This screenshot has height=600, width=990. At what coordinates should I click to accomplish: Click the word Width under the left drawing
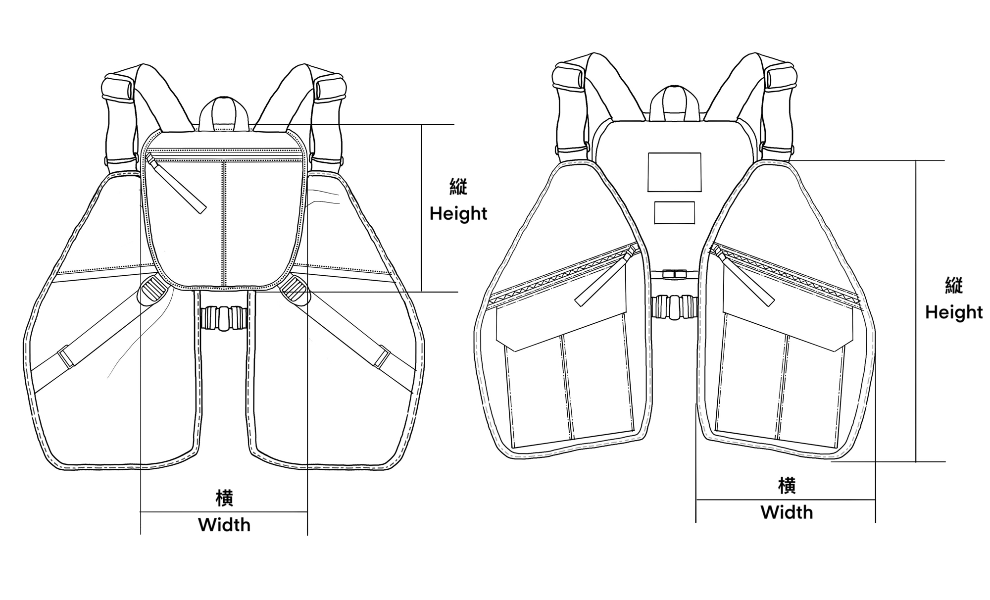pos(224,525)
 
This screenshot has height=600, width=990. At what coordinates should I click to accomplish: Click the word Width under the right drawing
pos(787,512)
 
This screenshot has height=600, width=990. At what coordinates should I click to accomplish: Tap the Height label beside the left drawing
pos(458,213)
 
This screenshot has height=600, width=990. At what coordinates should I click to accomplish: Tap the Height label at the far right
pos(954,312)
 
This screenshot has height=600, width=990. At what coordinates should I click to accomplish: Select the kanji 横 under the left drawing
pos(224,498)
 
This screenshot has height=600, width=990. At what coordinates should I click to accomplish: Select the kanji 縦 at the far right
pos(954,286)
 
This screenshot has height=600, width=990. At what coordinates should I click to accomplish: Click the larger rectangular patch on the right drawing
pos(674,172)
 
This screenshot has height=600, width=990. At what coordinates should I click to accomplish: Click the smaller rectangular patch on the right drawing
pos(674,212)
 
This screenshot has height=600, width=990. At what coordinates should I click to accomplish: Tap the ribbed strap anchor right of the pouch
pos(295,290)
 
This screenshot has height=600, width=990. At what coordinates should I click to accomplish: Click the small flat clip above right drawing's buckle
pos(674,273)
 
